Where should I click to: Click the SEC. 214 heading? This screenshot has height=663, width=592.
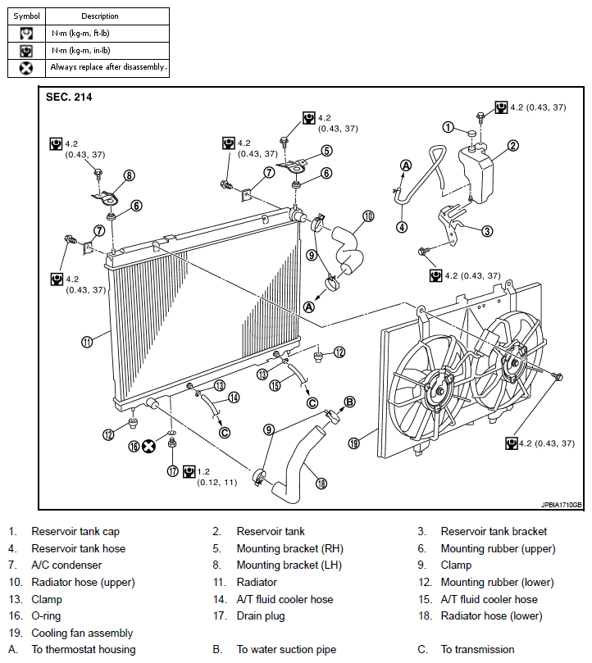pos(69,97)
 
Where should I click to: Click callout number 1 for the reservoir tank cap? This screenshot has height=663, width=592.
pos(448,127)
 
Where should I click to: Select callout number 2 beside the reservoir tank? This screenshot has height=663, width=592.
pos(512,146)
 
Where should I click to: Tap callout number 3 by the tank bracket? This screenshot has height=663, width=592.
pos(487,231)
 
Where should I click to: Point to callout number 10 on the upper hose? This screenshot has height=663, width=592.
pos(368,216)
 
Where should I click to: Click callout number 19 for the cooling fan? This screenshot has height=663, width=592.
pos(353,443)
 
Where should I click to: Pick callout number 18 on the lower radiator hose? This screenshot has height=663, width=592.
pos(321,483)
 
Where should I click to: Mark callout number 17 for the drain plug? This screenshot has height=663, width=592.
pos(172,471)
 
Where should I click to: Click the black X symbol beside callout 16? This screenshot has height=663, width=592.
pos(148,446)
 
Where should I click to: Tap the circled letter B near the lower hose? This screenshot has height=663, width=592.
pos(349,402)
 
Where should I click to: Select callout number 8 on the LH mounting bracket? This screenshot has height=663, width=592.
pos(129,175)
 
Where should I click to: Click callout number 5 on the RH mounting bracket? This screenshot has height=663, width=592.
pos(326,151)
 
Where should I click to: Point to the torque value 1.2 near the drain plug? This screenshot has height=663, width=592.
pos(203,471)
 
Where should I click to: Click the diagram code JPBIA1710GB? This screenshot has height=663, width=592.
pos(562,505)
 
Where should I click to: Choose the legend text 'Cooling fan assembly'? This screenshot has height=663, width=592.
pos(82,633)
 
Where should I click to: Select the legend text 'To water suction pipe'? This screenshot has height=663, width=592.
pos(286,650)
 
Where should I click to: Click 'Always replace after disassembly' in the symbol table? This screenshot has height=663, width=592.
pos(108,67)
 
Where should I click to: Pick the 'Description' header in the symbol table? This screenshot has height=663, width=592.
pos(100,16)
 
